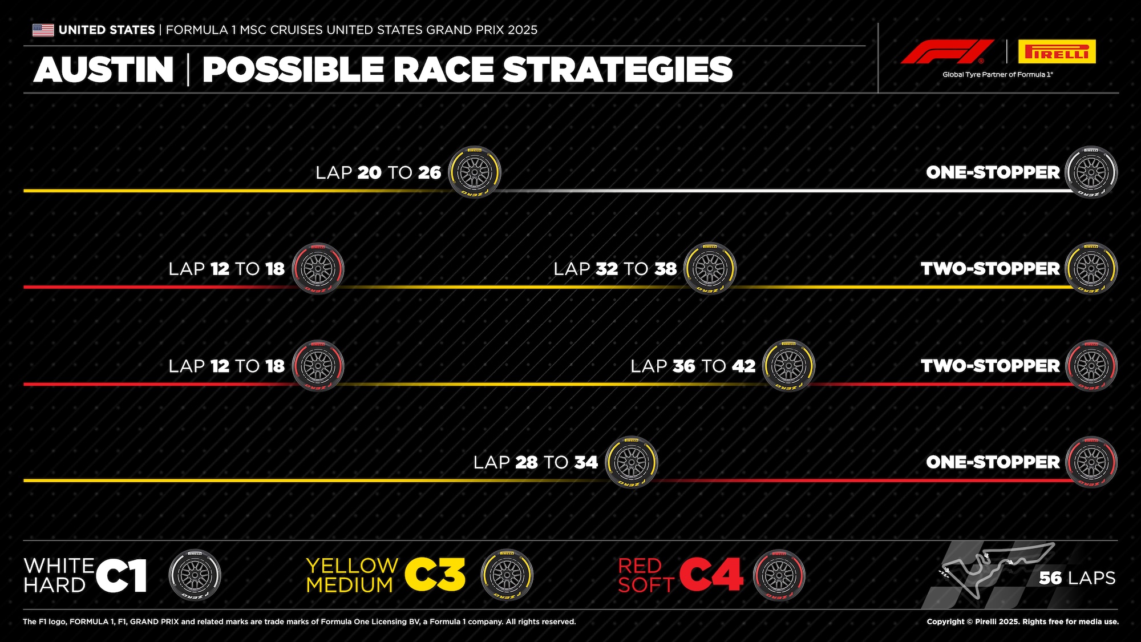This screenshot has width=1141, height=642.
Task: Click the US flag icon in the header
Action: [43, 30]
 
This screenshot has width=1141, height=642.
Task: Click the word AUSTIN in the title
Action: [104, 70]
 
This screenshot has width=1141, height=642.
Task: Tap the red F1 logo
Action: [947, 51]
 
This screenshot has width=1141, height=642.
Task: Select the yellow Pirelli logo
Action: [1057, 51]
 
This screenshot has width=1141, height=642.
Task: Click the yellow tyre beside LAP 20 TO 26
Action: [474, 172]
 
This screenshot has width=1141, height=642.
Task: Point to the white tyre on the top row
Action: [1091, 172]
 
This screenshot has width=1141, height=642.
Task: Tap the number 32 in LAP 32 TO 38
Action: [606, 269]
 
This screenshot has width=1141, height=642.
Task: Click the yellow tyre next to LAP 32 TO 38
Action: [710, 269]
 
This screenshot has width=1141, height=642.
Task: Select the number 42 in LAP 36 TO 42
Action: [744, 366]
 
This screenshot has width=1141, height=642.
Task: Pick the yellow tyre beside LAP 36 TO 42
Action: [788, 366]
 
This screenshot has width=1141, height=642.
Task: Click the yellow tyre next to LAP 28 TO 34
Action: [631, 462]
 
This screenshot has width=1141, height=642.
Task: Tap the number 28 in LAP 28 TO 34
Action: [526, 462]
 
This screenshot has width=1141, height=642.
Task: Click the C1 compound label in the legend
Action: [122, 575]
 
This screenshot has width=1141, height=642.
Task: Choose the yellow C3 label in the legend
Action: [435, 575]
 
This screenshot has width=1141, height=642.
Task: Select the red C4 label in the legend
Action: [711, 575]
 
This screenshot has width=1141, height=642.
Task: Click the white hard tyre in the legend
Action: [195, 575]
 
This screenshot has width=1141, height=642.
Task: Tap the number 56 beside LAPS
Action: [1050, 578]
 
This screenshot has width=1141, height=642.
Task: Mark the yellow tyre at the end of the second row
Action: [1091, 269]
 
